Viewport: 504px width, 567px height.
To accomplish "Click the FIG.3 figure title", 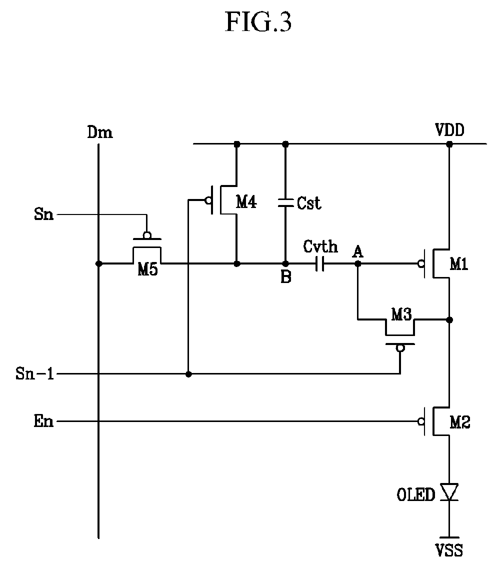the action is point(258,21).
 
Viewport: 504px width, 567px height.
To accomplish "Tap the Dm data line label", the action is point(100,132).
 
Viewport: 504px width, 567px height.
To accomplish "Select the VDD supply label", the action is point(449,130).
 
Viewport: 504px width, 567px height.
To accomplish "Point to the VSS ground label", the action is point(449,550).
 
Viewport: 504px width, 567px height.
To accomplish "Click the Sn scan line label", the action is point(43,214).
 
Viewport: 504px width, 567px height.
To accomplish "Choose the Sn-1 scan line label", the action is point(34,373).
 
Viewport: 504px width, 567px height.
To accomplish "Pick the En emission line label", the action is point(43,421).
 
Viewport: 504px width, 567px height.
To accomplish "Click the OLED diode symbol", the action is point(449,492).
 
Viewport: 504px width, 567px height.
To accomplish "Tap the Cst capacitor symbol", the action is point(285,202).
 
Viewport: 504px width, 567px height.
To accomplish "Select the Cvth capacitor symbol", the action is point(319,263).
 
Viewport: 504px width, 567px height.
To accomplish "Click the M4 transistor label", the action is point(246,201).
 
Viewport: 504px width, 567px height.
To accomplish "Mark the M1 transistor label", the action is point(459,264).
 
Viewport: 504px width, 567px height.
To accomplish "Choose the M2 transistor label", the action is point(459,422).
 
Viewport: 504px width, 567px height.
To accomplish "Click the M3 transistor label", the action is point(401,314).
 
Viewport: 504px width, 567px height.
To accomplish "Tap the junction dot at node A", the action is point(358,264).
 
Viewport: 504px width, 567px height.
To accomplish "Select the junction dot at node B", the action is point(285,264).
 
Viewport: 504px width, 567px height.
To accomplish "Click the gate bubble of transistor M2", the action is point(421,421).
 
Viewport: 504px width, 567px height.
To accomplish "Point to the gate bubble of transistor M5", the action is point(147,235).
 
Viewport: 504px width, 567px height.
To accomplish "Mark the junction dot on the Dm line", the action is point(98,264).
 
